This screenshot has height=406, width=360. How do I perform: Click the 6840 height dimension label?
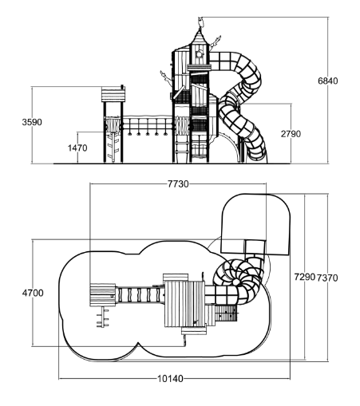328,81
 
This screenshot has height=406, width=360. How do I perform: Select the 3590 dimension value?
32,122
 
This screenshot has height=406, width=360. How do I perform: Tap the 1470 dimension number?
77,148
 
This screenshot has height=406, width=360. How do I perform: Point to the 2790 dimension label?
291,134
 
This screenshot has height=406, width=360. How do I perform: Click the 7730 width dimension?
178,183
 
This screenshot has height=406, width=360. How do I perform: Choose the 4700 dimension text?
33,293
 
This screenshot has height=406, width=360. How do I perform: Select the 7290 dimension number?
305,277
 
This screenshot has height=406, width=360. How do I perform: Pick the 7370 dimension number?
327,278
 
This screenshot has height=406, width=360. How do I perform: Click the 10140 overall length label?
171,378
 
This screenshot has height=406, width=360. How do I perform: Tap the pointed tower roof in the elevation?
199,37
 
